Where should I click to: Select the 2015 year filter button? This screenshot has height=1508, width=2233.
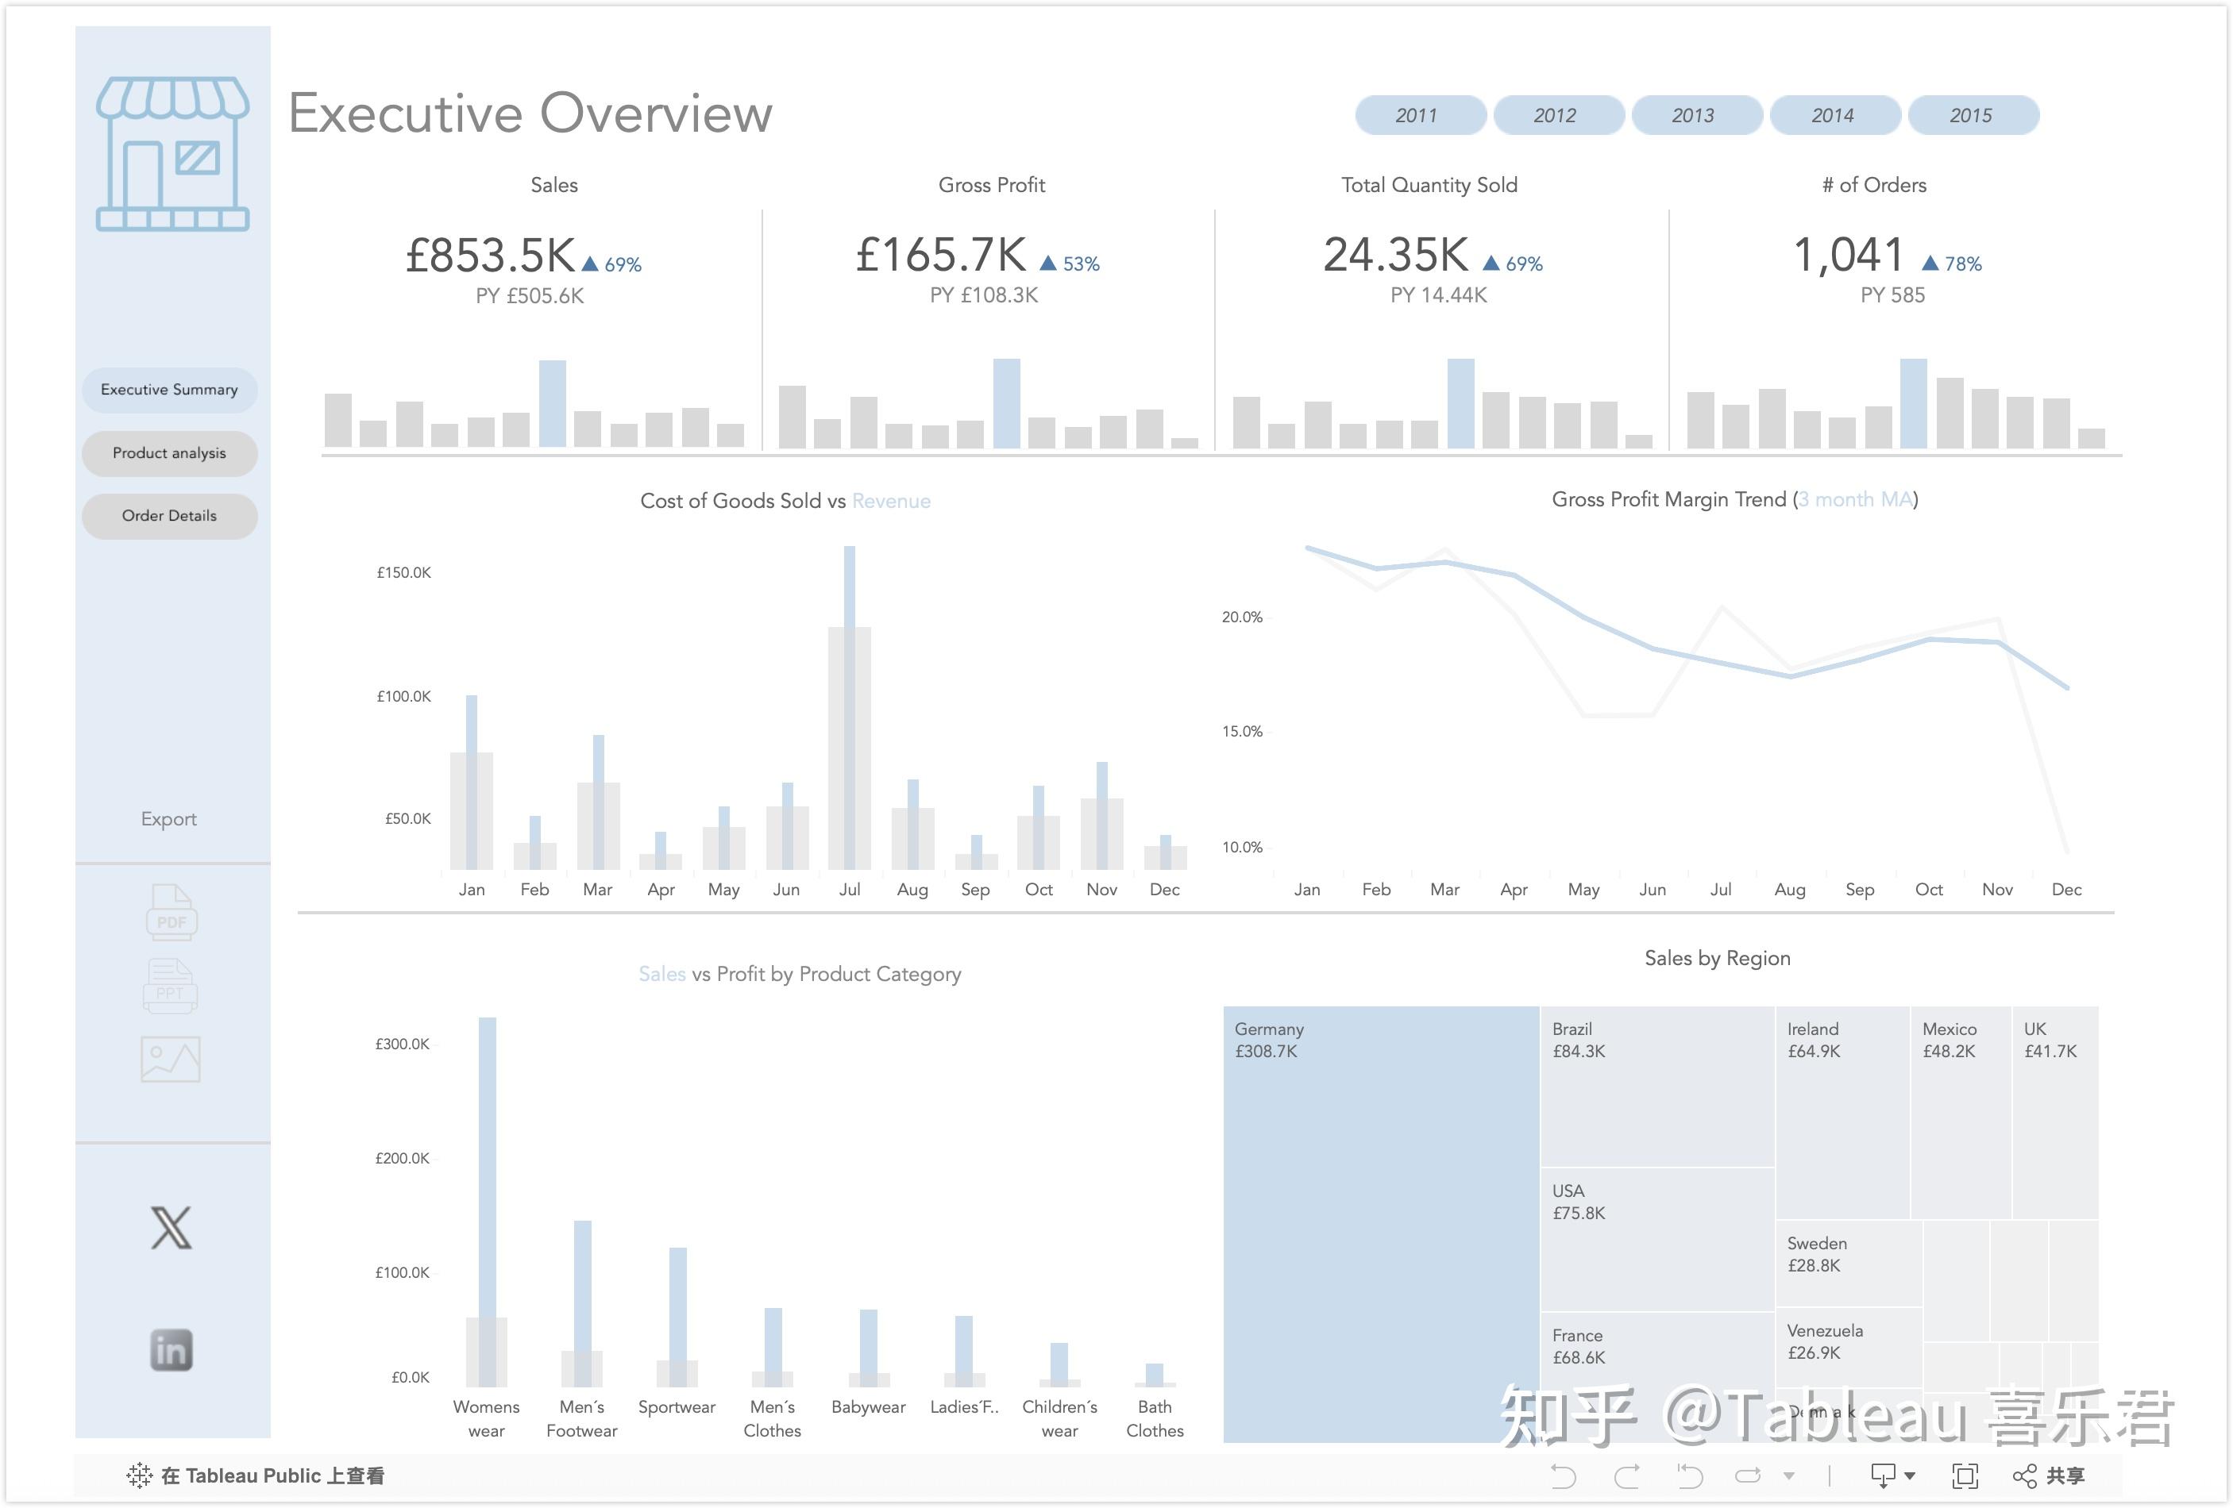pyautogui.click(x=1972, y=115)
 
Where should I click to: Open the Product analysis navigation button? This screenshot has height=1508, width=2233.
pyautogui.click(x=169, y=453)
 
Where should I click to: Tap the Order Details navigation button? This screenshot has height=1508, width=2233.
pyautogui.click(x=169, y=516)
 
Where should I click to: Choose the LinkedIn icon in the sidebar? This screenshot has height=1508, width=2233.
pyautogui.click(x=171, y=1351)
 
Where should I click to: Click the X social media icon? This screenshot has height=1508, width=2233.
pyautogui.click(x=171, y=1228)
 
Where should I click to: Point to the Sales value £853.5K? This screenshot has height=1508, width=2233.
pyautogui.click(x=490, y=256)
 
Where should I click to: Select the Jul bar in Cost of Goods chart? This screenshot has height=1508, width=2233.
pyautogui.click(x=850, y=711)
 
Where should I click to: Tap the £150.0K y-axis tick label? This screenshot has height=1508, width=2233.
pyautogui.click(x=403, y=572)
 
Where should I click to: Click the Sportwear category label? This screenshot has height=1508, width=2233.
pyautogui.click(x=677, y=1407)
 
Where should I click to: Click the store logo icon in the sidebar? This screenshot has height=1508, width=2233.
pyautogui.click(x=173, y=154)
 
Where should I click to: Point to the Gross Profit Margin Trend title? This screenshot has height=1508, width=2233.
pyautogui.click(x=1734, y=499)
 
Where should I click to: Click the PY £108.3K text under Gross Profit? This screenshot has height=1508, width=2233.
pyautogui.click(x=984, y=295)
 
